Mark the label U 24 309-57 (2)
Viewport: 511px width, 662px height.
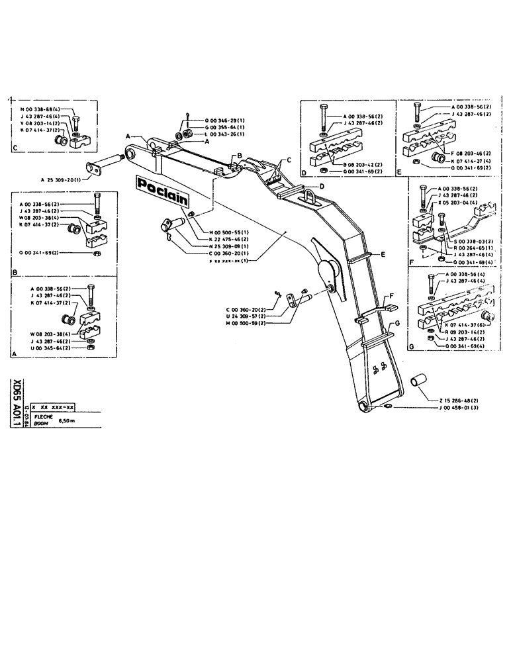click(x=250, y=316)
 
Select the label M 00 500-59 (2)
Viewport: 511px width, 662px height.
click(x=250, y=324)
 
